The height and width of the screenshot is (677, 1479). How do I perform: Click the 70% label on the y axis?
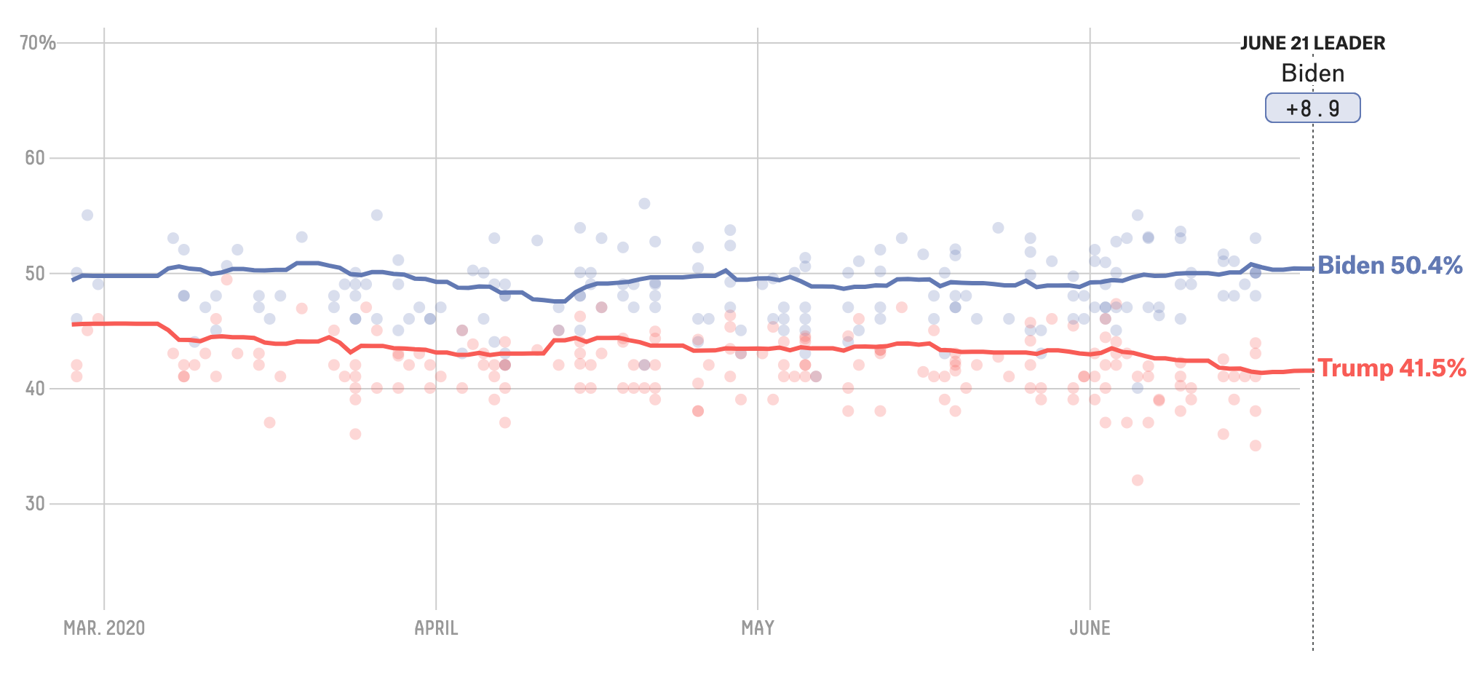(x=38, y=43)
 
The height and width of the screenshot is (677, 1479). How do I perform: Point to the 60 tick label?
(x=35, y=158)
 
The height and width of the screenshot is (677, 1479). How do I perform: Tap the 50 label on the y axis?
(x=35, y=274)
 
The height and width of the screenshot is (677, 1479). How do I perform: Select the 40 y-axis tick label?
(x=35, y=389)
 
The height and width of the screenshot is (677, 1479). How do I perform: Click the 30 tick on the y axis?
(x=35, y=504)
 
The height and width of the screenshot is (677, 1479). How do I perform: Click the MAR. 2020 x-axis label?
(x=104, y=628)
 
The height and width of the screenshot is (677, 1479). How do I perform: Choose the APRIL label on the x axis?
(x=436, y=628)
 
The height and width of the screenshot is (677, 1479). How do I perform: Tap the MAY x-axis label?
(x=758, y=628)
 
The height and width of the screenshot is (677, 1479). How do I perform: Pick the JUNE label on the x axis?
(x=1090, y=628)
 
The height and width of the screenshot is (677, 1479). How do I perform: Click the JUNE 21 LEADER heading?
(x=1312, y=44)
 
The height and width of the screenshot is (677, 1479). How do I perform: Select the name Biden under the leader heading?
(x=1312, y=74)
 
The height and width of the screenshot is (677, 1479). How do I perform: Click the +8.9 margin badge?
(x=1312, y=108)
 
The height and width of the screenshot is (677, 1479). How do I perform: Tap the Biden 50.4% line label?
(x=1389, y=266)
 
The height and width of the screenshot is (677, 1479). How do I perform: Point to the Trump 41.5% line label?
(x=1391, y=368)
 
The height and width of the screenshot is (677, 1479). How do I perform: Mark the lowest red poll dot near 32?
(x=1138, y=480)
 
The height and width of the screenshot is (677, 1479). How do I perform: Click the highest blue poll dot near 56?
(x=644, y=204)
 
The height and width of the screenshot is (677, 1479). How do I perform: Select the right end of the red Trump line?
(x=1312, y=371)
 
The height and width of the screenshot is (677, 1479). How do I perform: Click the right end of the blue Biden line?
(x=1312, y=268)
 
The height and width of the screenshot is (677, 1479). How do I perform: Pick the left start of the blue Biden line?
(x=73, y=280)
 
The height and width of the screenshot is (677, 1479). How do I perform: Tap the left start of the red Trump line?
(x=73, y=324)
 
